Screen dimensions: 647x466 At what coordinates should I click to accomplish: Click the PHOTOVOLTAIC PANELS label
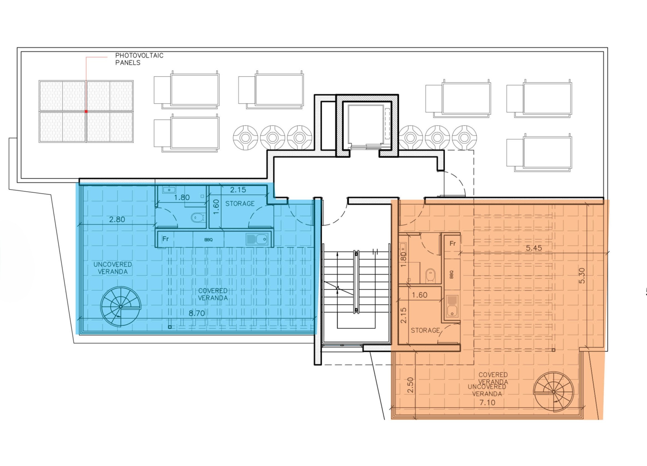pos(139,59)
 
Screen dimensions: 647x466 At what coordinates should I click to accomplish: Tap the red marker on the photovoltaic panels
pos(86,112)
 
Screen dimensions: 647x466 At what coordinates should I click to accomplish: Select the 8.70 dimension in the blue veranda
pos(197,313)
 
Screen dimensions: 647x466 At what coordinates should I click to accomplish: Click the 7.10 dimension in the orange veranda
pos(487,403)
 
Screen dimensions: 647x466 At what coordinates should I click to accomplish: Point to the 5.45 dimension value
pos(534,248)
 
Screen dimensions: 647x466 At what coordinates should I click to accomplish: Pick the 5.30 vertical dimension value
pos(582,275)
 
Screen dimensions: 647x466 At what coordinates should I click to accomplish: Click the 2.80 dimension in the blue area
pos(117,220)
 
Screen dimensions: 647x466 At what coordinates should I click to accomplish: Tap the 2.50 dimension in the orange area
pos(410,385)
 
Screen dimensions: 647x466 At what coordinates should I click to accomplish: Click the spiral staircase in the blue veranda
pos(121,306)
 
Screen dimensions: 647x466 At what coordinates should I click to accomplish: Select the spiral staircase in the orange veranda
pos(553,392)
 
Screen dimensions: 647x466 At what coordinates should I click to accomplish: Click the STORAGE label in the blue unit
pos(240,203)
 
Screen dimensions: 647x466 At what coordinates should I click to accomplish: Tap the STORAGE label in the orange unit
pos(425,330)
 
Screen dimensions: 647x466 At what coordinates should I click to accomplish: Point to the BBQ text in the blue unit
pos(209,240)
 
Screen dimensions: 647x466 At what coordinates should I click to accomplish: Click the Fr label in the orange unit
pos(452,243)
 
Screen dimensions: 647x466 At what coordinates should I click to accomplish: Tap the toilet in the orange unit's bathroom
pos(430,276)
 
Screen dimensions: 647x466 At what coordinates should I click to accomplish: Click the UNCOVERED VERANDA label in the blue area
pos(113,268)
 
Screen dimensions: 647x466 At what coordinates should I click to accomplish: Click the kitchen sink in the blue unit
pos(257,239)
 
